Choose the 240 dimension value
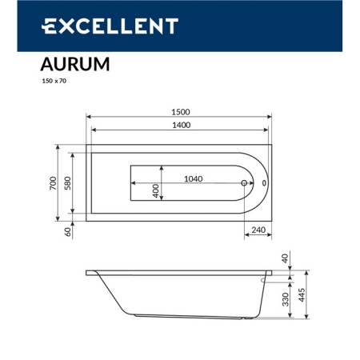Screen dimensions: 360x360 tap(258, 230)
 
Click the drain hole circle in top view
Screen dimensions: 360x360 tap(245, 183)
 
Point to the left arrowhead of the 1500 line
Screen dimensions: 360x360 tap(88, 117)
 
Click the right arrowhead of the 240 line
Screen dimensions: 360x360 tap(271, 237)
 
